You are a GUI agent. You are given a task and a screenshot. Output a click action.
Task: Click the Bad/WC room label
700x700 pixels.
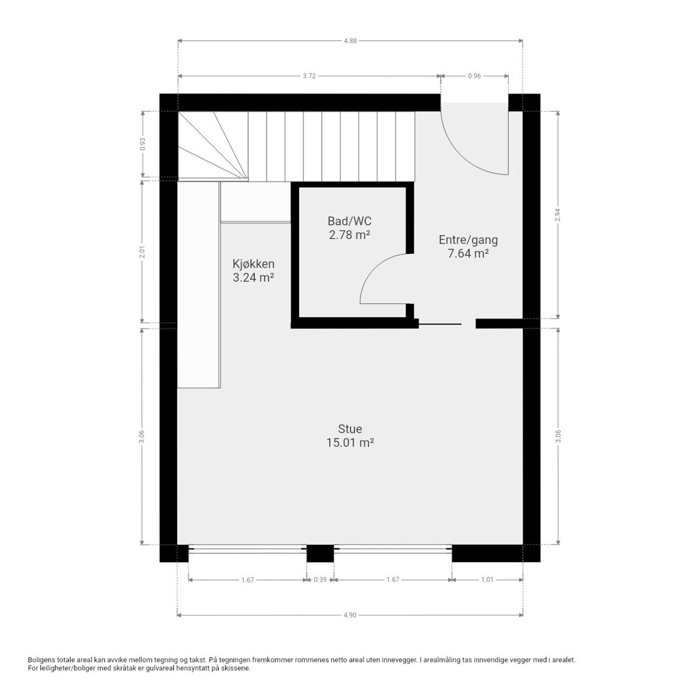(x=349, y=222)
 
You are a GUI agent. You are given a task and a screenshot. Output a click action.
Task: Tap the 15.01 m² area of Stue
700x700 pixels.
(x=349, y=443)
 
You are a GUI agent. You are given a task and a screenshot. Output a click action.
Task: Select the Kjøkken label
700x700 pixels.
(x=253, y=264)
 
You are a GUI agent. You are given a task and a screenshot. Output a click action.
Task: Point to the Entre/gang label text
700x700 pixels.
(x=468, y=240)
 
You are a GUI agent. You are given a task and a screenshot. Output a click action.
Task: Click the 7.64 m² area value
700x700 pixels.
(x=468, y=254)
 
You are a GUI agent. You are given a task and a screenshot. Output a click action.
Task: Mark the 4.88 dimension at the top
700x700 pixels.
(x=350, y=41)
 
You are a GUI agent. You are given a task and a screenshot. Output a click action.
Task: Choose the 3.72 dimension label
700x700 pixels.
(x=309, y=76)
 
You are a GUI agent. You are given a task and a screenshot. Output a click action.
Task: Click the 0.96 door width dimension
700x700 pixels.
(x=474, y=76)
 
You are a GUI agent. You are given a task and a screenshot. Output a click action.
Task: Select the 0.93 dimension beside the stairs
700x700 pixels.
(x=142, y=144)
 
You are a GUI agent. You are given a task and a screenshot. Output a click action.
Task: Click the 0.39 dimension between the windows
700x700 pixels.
(x=320, y=580)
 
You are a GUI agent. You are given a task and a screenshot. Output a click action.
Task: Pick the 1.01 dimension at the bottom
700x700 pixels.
(x=487, y=580)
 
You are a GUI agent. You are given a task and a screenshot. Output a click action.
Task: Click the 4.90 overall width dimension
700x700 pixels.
(x=350, y=615)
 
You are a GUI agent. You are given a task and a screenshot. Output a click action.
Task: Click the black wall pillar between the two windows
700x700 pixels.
(x=320, y=553)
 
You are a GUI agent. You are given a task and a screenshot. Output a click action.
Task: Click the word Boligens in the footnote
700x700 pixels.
(x=42, y=660)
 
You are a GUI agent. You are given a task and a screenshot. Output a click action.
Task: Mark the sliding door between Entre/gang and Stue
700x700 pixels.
(x=440, y=324)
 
